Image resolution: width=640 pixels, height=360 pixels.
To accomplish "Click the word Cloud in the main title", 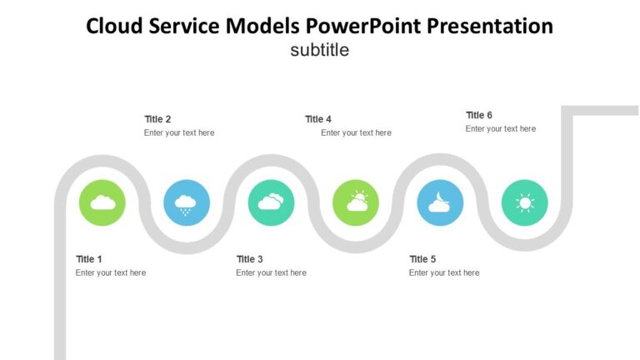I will [x=115, y=27].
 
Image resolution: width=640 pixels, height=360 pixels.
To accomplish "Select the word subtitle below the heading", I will [x=319, y=50].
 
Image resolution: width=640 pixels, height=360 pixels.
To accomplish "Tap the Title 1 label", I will [x=89, y=259].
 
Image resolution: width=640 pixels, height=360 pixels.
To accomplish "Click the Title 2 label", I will [x=157, y=119].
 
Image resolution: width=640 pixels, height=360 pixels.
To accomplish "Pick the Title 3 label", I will [x=249, y=259].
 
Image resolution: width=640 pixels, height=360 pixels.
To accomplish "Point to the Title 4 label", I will [x=318, y=119].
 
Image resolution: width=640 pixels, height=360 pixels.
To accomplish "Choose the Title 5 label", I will [x=422, y=259].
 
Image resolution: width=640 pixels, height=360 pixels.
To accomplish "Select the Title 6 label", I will [x=479, y=115].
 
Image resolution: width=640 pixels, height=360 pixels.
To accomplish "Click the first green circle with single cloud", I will [x=102, y=202].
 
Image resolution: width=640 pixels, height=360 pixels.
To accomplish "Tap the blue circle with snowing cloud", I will [x=187, y=202].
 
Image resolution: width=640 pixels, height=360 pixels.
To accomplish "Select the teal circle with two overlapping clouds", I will [x=272, y=202].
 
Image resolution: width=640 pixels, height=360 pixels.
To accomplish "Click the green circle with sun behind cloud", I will [x=356, y=202].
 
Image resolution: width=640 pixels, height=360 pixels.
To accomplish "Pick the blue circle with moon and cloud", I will [x=440, y=202].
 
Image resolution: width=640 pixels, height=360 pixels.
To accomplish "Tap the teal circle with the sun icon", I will [x=525, y=202].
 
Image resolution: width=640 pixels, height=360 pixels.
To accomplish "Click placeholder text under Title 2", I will [x=179, y=132].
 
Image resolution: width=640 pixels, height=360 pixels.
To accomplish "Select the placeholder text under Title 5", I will [x=444, y=272].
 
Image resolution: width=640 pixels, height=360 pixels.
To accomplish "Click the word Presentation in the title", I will [x=490, y=27].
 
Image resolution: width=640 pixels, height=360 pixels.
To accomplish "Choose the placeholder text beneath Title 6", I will [x=501, y=129].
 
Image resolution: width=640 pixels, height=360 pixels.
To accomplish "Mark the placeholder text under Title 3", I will [x=271, y=272].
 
